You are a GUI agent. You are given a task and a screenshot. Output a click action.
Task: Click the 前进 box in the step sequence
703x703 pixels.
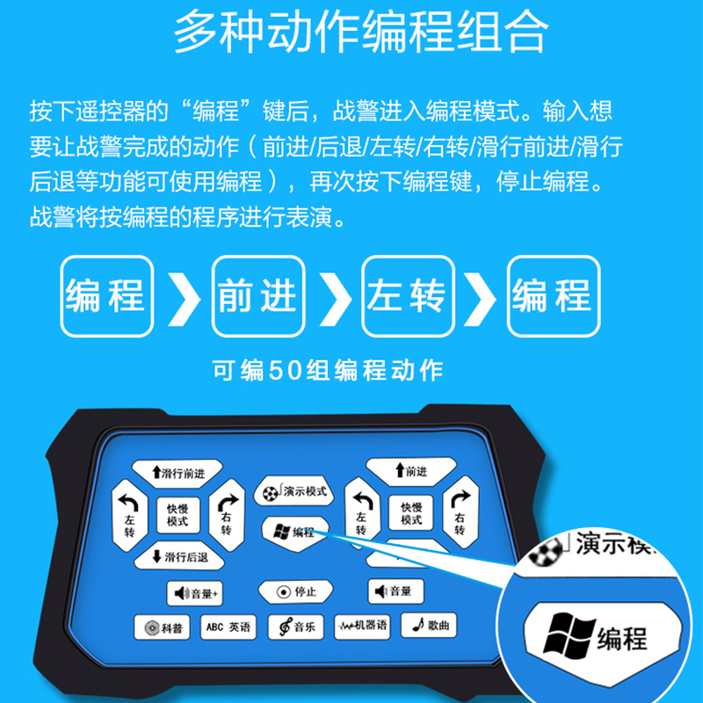258,296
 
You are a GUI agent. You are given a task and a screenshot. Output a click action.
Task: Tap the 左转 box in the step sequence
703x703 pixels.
408,296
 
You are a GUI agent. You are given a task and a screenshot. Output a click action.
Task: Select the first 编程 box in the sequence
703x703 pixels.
107,296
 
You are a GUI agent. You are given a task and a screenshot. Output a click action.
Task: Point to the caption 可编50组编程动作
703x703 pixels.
328,370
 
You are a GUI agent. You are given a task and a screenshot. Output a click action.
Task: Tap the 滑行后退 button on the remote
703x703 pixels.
179,557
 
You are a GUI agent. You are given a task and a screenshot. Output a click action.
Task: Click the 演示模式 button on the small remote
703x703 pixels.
294,491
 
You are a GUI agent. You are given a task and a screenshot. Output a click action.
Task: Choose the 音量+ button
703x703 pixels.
194,593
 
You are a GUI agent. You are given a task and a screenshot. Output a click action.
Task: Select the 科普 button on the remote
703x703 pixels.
162,627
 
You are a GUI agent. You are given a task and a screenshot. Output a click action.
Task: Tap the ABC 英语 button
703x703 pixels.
228,627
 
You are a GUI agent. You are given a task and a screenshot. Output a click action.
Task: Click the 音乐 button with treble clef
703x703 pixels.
296,627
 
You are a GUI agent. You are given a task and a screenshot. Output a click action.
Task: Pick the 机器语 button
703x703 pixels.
362,626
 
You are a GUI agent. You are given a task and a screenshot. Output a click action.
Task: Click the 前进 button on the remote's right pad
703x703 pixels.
411,471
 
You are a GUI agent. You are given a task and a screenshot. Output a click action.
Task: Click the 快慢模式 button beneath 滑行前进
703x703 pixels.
178,515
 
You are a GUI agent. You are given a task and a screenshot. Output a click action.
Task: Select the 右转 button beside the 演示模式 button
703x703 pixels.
227,515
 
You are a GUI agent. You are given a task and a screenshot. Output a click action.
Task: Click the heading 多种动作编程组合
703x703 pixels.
361,33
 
